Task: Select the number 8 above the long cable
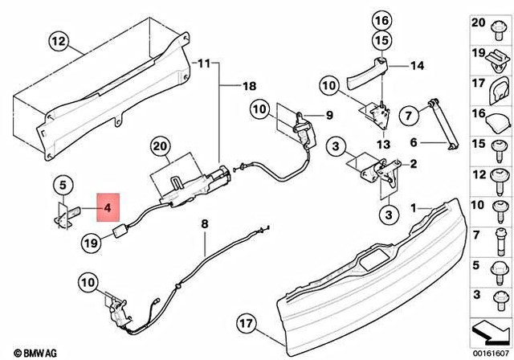coord(204,224)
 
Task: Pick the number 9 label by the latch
coord(328,114)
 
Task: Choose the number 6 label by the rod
coord(414,144)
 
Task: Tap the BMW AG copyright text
coord(29,352)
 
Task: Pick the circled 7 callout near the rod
coord(409,117)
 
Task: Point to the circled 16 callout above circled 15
coord(381,19)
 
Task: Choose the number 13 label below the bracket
coord(382,144)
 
